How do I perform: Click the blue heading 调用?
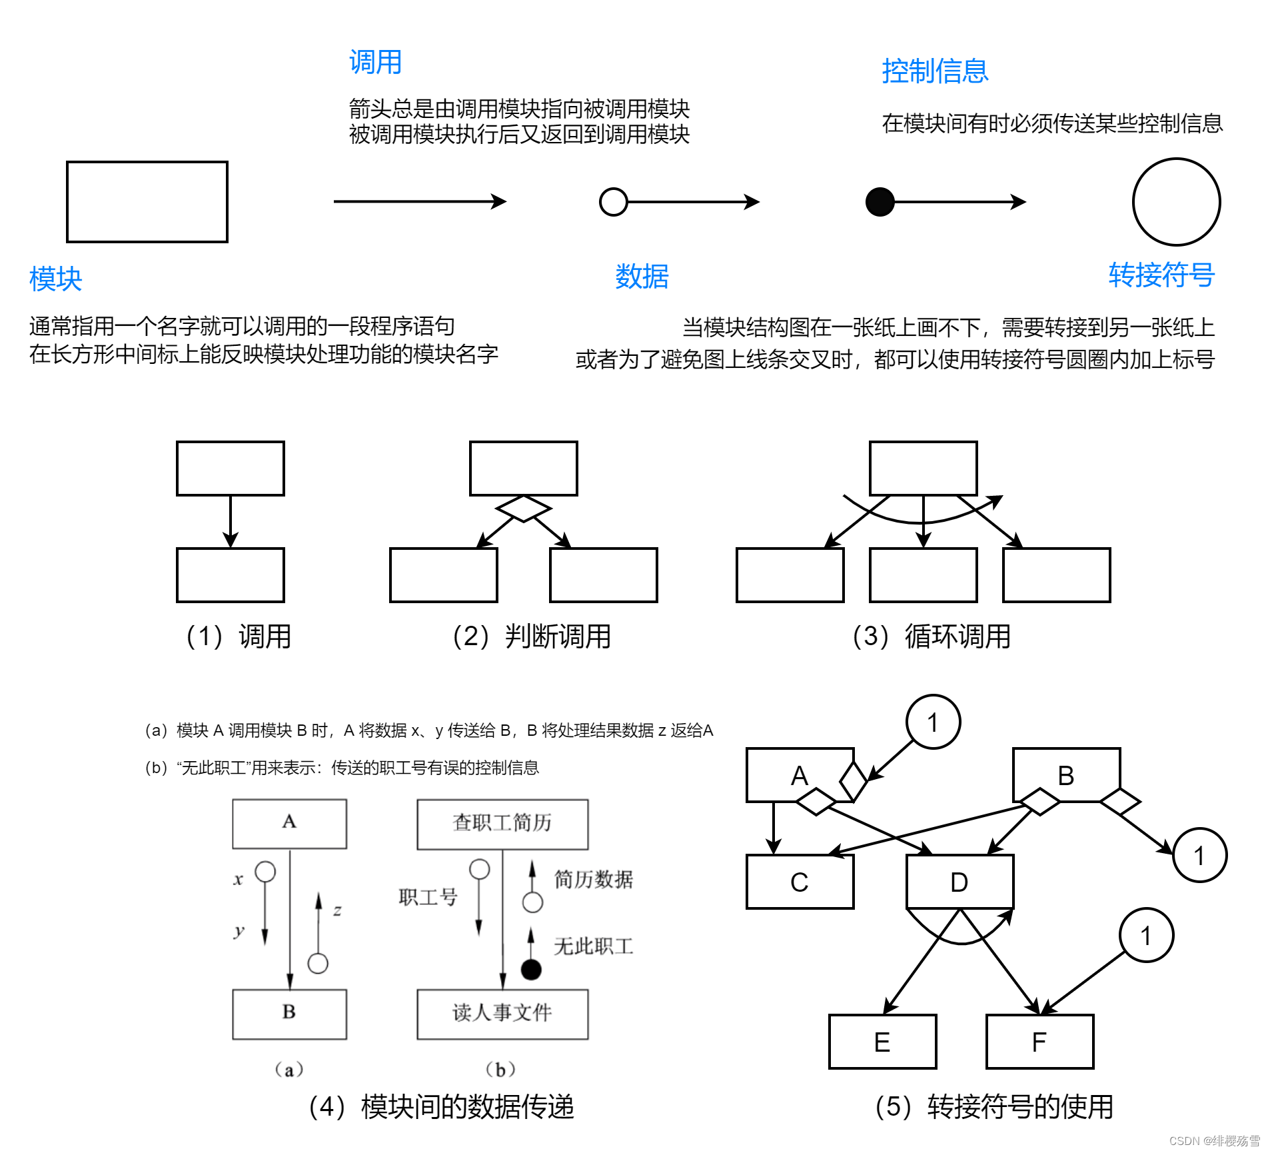point(375,62)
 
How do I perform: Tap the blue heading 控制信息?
point(934,71)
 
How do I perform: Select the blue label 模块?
point(55,279)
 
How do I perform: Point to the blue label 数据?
point(642,276)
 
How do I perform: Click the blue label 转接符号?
point(1161,275)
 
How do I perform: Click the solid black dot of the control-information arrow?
point(880,202)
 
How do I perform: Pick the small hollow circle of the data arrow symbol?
point(613,202)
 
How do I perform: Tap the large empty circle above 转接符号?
point(1176,202)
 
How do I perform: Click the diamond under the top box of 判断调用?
point(523,509)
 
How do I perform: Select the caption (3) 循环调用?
point(932,636)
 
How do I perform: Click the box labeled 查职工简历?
point(502,824)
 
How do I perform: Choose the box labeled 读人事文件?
point(502,1014)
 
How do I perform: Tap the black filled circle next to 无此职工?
point(531,970)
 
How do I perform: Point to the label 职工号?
point(428,897)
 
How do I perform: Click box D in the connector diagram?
point(959,882)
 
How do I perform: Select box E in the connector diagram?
point(882,1042)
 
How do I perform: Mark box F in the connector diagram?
point(1039,1042)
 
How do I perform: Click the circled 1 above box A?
point(933,722)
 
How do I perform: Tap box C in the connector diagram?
point(800,882)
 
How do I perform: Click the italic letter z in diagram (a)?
point(337,910)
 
